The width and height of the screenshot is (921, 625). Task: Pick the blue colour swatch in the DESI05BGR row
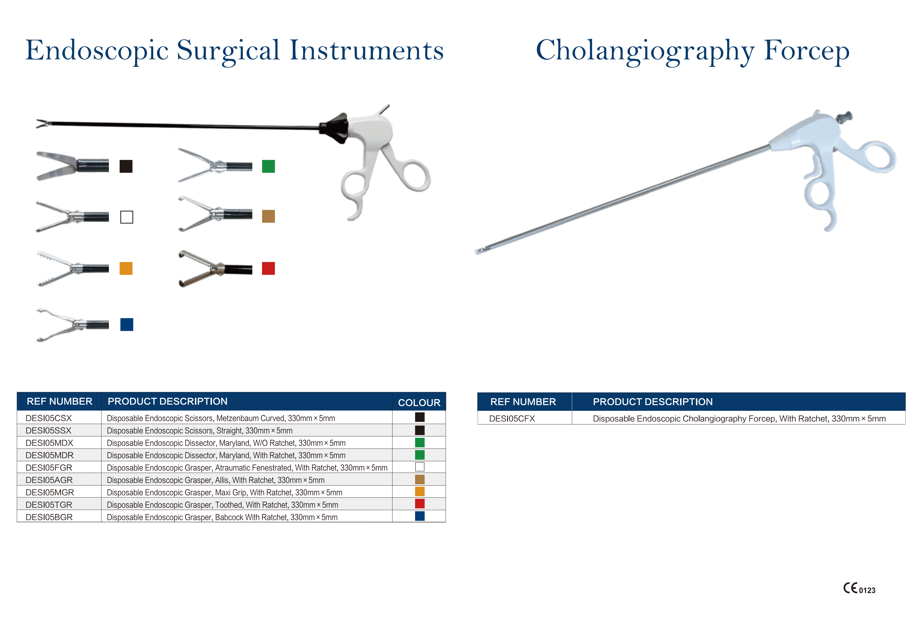pyautogui.click(x=420, y=516)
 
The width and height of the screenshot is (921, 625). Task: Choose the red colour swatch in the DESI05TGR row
pyautogui.click(x=420, y=504)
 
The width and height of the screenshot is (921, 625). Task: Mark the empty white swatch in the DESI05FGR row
pyautogui.click(x=420, y=467)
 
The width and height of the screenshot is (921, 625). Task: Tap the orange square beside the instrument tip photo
pyautogui.click(x=126, y=268)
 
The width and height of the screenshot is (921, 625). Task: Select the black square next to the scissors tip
pyautogui.click(x=126, y=166)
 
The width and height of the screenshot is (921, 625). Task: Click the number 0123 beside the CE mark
pyautogui.click(x=867, y=590)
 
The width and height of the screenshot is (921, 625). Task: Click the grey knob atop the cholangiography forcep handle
pyautogui.click(x=844, y=117)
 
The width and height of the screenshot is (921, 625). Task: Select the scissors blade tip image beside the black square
pyautogui.click(x=72, y=166)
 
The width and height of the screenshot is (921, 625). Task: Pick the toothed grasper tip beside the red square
pyautogui.click(x=215, y=269)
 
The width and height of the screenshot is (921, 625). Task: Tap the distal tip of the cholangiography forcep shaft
pyautogui.click(x=477, y=252)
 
